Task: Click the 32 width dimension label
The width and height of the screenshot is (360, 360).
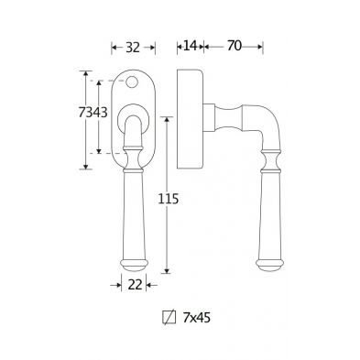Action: pyautogui.click(x=133, y=48)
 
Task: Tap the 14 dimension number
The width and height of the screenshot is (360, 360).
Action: pyautogui.click(x=190, y=46)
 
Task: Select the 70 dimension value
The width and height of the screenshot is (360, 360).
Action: pyautogui.click(x=235, y=46)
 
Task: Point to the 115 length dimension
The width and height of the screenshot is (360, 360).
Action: pyautogui.click(x=168, y=199)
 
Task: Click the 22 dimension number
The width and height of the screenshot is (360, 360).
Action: pyautogui.click(x=135, y=285)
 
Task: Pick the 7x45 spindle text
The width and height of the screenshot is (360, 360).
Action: pyautogui.click(x=197, y=318)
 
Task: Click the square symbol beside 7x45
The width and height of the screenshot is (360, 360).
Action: pyautogui.click(x=169, y=317)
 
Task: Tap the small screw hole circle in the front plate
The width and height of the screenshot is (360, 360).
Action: pyautogui.click(x=132, y=82)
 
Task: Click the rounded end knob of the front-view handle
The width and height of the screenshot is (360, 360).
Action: pyautogui.click(x=134, y=266)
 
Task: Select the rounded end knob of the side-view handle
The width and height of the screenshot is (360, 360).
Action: pyautogui.click(x=267, y=266)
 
